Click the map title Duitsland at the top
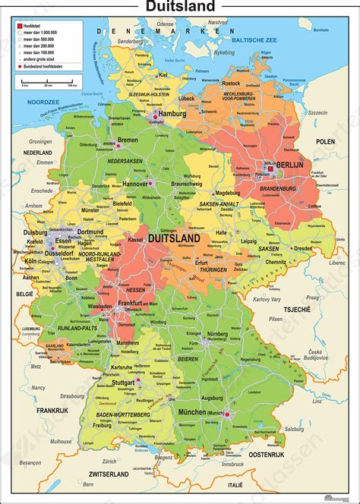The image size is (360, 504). pos(180,8)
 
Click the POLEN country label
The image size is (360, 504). pos(325,142)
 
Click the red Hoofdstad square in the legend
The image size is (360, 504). pos(16,25)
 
